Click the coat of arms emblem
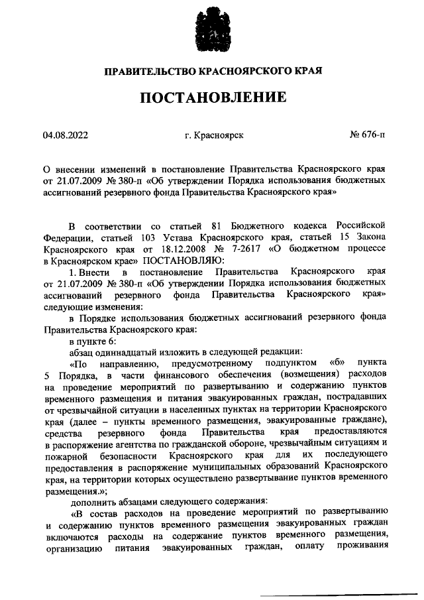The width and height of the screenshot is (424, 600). point(212,30)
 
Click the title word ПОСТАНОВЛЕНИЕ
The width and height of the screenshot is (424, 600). point(212,98)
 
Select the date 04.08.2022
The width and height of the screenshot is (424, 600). point(65,135)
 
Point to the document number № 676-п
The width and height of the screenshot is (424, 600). point(367,135)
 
